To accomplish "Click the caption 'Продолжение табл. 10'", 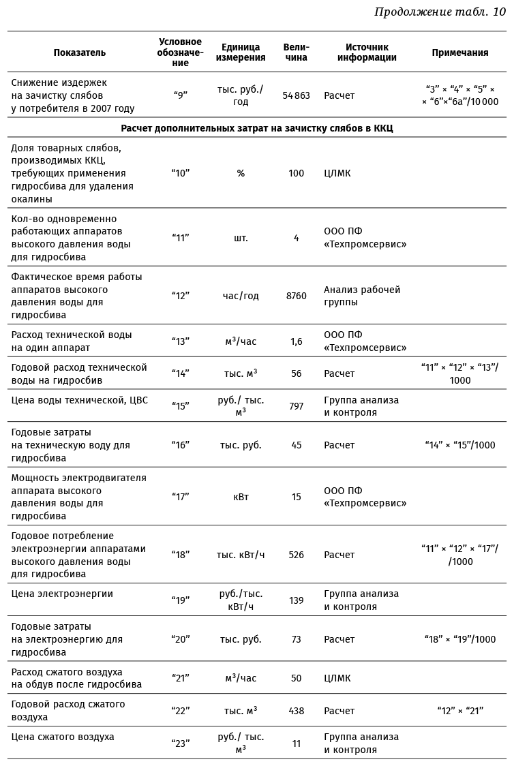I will [440, 12].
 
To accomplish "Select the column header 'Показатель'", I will [80, 52].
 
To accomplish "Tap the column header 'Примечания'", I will [459, 52].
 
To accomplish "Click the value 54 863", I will [296, 96].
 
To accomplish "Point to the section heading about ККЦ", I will [257, 128].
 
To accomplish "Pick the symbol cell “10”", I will [180, 174].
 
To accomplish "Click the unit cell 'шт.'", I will [241, 238].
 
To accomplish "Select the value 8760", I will [296, 296].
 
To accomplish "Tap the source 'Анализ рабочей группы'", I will [362, 296].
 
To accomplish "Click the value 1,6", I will [296, 341].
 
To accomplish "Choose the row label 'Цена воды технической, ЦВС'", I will [80, 400].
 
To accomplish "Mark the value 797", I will [296, 406].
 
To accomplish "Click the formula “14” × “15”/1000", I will [459, 445].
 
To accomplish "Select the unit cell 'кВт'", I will [241, 497].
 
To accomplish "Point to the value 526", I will [296, 555].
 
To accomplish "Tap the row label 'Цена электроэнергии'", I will [62, 594].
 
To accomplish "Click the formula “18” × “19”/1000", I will [459, 639].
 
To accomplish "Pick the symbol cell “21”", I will [180, 678].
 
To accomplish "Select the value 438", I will [296, 711].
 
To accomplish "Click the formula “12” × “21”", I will [459, 711].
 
